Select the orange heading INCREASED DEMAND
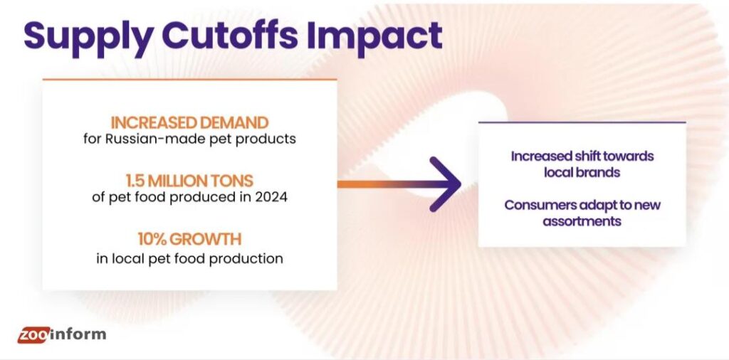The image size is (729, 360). tap(189, 122)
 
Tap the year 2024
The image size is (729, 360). tap(270, 197)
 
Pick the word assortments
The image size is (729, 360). tap(582, 221)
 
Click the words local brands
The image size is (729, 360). tap(582, 172)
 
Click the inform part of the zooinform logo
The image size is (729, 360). tap(78, 334)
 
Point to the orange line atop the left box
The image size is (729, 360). tap(189, 79)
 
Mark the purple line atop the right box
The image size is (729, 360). tap(582, 122)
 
